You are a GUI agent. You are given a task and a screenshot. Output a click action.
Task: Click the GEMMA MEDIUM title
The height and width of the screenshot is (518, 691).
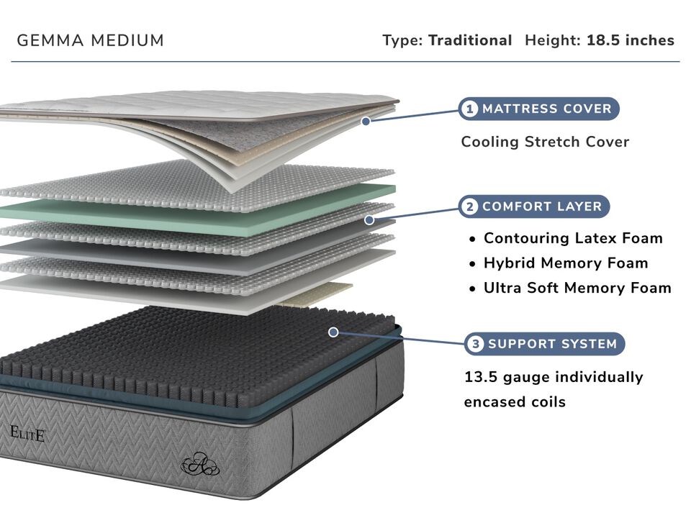[91, 41]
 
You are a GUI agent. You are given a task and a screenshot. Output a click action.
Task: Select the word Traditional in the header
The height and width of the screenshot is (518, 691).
[470, 40]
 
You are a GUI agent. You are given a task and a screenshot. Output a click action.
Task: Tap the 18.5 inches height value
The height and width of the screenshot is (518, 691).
[630, 40]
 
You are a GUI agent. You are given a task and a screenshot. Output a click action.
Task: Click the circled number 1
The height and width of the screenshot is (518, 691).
[470, 109]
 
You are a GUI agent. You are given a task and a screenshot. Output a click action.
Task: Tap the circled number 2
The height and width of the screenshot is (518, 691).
[470, 207]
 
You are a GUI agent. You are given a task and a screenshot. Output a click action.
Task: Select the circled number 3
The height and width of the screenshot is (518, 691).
[476, 344]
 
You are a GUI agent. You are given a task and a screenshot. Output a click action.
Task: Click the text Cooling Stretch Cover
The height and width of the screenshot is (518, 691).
[545, 142]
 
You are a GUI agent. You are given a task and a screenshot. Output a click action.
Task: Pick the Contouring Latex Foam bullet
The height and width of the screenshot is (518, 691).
[573, 238]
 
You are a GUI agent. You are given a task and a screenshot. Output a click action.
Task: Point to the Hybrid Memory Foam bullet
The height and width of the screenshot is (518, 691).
[566, 263]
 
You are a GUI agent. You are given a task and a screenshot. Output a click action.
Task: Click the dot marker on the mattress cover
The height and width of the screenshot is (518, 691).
[366, 121]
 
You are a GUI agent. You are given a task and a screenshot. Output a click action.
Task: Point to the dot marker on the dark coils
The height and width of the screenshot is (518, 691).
[333, 332]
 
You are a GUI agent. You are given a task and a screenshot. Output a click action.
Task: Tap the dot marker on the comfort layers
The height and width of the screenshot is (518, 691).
[369, 219]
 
